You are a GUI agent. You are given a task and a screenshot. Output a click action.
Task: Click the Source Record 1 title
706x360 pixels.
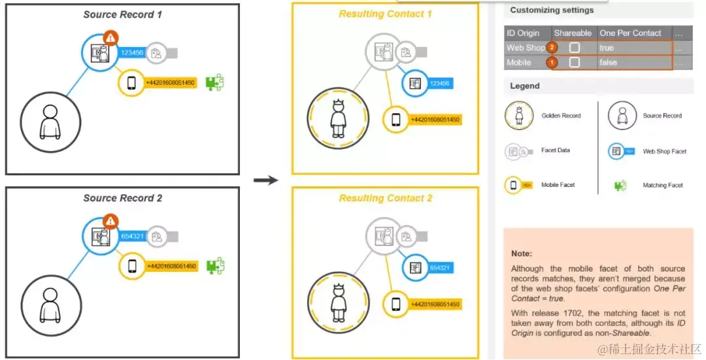pyautogui.click(x=122, y=14)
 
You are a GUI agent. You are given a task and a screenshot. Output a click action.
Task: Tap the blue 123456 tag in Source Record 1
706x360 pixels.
pyautogui.click(x=131, y=52)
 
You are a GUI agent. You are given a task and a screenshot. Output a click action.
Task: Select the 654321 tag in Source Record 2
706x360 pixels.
pyautogui.click(x=131, y=236)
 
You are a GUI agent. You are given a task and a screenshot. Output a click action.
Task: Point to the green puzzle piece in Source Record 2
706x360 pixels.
pyautogui.click(x=215, y=266)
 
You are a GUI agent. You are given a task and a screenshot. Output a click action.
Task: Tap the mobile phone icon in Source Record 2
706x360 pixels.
pyautogui.click(x=131, y=267)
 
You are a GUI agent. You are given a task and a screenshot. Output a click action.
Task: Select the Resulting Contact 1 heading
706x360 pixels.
pyautogui.click(x=385, y=14)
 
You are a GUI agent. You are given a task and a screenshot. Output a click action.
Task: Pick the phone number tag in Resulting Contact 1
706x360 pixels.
pyautogui.click(x=434, y=120)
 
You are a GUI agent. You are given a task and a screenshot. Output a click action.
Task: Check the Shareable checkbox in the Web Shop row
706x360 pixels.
pyautogui.click(x=574, y=48)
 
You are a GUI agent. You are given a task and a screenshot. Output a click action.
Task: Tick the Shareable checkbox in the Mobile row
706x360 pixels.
pyautogui.click(x=574, y=62)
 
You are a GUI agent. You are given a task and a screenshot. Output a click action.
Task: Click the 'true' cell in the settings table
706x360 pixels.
pyautogui.click(x=607, y=48)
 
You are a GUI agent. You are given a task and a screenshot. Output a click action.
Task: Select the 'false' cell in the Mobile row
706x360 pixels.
pyautogui.click(x=609, y=62)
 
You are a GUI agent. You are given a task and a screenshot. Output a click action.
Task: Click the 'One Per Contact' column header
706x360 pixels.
pyautogui.click(x=630, y=33)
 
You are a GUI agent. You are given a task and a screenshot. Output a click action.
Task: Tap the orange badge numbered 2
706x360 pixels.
pyautogui.click(x=552, y=48)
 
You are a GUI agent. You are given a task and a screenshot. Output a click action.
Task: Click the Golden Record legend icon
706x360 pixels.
pyautogui.click(x=518, y=116)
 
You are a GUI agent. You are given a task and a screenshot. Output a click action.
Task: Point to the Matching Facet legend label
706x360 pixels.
pyautogui.click(x=662, y=186)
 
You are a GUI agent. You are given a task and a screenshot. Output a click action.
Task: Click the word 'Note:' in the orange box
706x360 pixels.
pyautogui.click(x=522, y=253)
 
